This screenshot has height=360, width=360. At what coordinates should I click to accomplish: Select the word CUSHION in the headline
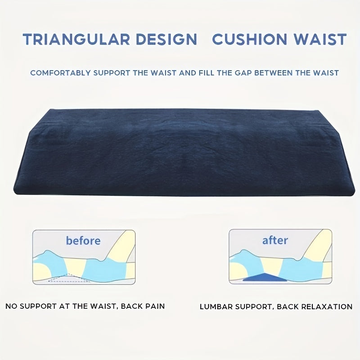tap(251, 39)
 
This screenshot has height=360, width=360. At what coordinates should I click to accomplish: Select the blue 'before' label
tap(83, 240)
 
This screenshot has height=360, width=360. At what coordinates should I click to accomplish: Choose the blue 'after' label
tap(275, 240)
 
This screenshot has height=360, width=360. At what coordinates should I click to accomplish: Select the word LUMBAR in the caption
tap(216, 307)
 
